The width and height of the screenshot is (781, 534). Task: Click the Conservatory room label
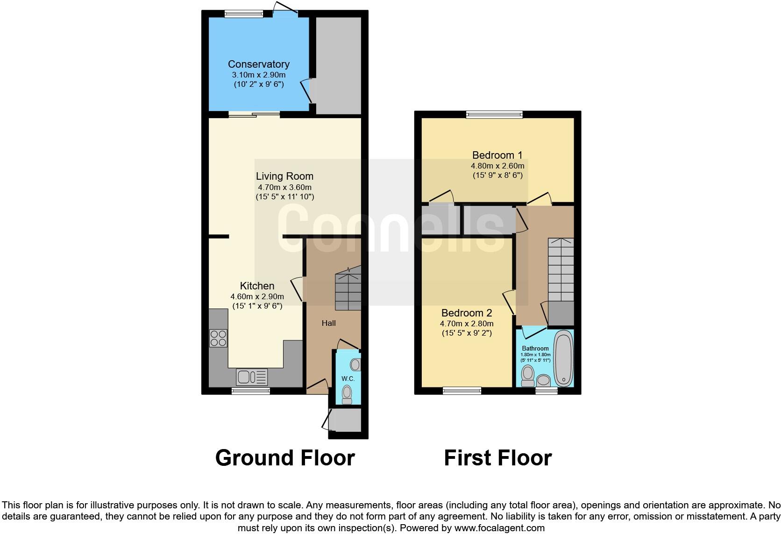pos(258,64)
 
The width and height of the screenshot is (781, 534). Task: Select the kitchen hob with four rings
pos(218,338)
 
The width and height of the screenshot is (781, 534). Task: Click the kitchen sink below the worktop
pos(252,376)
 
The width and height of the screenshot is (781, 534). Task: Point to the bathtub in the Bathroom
pos(563,358)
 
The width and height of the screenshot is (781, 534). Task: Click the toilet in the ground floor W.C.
pos(347,393)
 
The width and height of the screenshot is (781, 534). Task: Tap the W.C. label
pos(348,379)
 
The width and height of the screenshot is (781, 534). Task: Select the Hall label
pos(328,323)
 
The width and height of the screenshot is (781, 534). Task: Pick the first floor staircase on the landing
pos(561,271)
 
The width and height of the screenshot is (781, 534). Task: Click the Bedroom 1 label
pos(497,155)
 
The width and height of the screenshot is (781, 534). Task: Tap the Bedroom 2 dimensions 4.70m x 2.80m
pos(467,323)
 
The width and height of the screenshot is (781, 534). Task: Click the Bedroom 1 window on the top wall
pos(494,114)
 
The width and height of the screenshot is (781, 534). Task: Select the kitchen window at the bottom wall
pos(250,391)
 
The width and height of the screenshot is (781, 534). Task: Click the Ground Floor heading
pos(285,458)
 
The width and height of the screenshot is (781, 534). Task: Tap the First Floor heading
pos(497,458)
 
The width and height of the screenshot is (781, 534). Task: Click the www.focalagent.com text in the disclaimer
pos(499,528)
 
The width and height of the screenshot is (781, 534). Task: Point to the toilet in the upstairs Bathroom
pos(528,375)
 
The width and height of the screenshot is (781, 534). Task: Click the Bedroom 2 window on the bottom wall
pos(461,391)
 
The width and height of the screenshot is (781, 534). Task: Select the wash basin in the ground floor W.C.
pos(355,364)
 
